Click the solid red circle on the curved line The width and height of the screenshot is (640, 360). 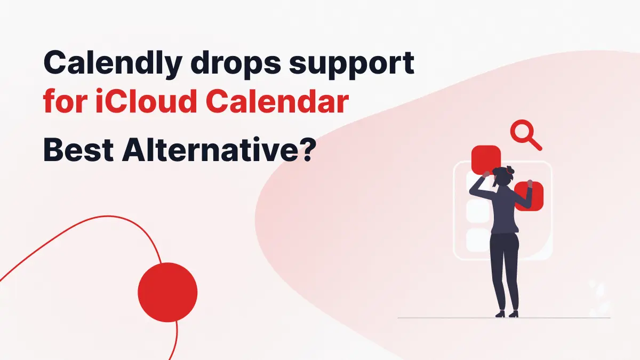167,292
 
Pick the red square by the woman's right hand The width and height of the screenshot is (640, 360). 529,196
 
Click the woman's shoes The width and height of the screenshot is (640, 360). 506,314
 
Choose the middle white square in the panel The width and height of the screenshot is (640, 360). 477,211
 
